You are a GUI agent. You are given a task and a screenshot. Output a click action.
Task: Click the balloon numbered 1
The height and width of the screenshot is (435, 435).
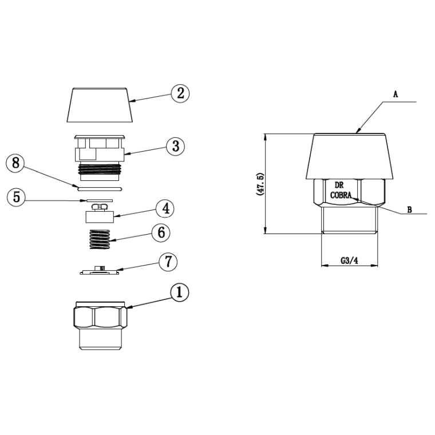tap(179, 292)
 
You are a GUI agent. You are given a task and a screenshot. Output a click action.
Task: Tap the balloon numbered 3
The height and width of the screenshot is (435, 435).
tap(175, 146)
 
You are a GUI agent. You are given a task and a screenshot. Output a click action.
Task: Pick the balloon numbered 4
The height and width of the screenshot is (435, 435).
tap(165, 208)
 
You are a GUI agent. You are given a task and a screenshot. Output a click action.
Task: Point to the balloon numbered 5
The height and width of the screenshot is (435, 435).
tap(16, 197)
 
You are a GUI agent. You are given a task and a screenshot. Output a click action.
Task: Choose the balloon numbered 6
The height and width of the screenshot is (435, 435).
tap(160, 232)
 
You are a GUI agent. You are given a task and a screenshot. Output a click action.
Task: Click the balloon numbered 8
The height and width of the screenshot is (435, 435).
tap(15, 163)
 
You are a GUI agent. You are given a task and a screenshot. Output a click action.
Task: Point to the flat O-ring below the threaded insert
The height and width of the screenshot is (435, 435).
tap(98, 187)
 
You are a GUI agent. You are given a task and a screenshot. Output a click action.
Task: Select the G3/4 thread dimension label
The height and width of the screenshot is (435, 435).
tap(349, 260)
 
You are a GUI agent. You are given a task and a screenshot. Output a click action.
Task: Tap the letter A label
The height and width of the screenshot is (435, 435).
tap(396, 92)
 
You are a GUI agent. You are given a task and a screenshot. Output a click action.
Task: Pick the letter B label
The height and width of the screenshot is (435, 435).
tap(409, 209)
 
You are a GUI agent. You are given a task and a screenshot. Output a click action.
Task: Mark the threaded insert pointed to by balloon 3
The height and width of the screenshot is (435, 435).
tap(100, 153)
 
